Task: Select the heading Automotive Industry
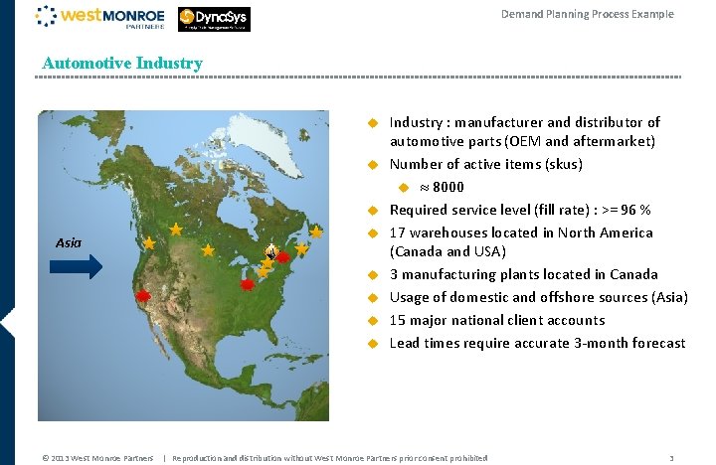click(x=122, y=63)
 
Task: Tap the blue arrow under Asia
click(x=77, y=265)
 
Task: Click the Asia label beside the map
click(x=69, y=242)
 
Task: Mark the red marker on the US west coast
click(x=143, y=296)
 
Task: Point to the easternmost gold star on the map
click(x=316, y=232)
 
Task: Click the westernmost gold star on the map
click(x=149, y=242)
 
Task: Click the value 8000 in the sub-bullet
click(x=448, y=187)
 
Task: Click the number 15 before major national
click(x=397, y=320)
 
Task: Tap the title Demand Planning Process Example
click(x=587, y=14)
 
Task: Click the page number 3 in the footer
click(x=672, y=458)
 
